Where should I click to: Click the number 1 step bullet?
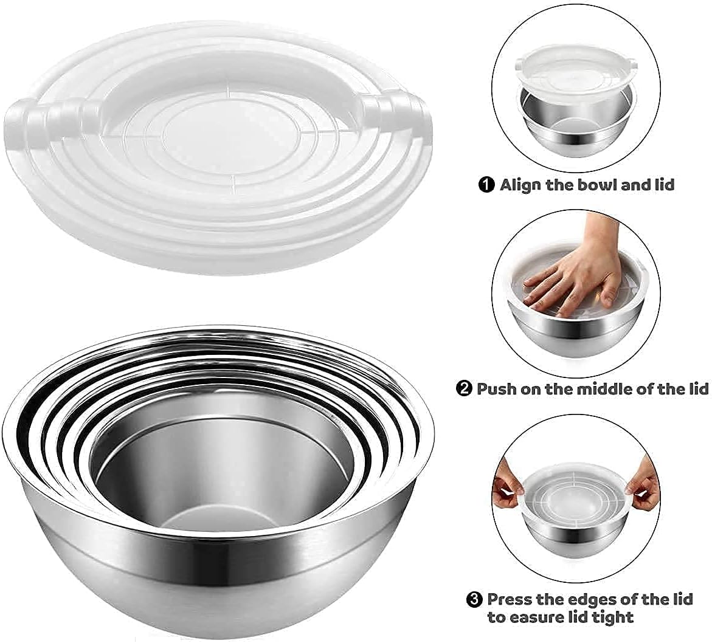pyautogui.click(x=486, y=185)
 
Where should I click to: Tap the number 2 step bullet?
pyautogui.click(x=463, y=389)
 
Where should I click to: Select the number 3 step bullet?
pyautogui.click(x=474, y=599)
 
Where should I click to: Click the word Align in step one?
pyautogui.click(x=520, y=185)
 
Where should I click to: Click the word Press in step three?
pyautogui.click(x=509, y=599)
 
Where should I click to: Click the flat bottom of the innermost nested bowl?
pyautogui.click(x=218, y=517)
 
